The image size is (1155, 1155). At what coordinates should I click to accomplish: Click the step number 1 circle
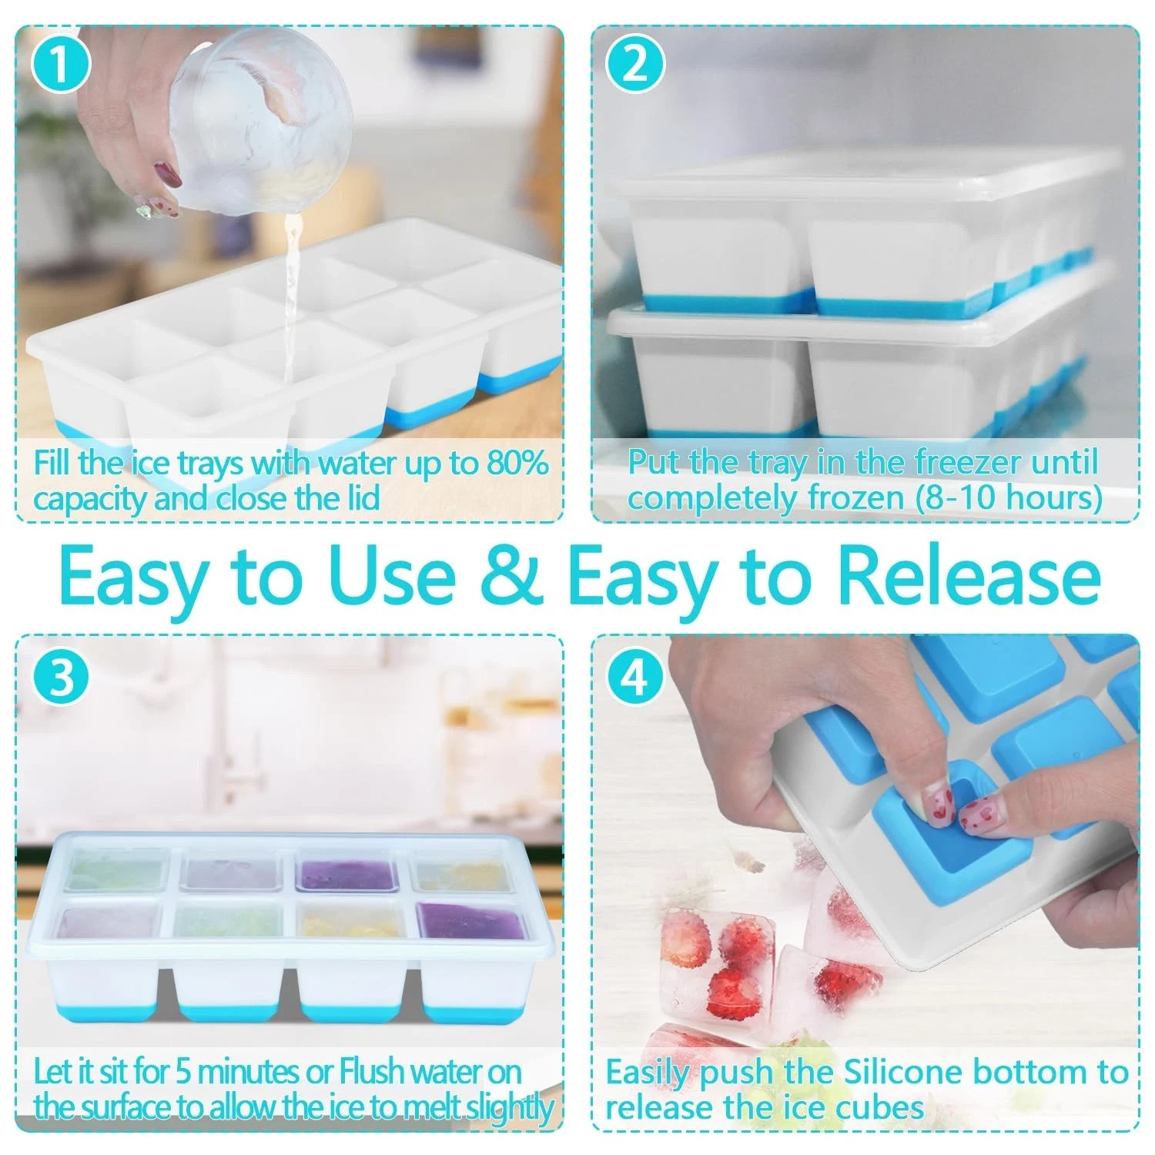(x=62, y=65)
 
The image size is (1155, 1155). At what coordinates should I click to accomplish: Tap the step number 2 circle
(x=635, y=65)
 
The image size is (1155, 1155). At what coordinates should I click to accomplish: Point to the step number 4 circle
(x=635, y=677)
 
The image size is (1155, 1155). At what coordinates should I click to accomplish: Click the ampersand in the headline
(x=510, y=576)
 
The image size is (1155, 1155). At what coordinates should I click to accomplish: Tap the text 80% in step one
(x=517, y=464)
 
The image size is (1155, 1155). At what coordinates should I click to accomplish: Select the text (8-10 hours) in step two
(x=1009, y=498)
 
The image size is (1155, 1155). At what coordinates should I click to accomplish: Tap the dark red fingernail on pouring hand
(x=168, y=175)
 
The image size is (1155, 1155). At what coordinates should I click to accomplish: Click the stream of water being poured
(x=291, y=308)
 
